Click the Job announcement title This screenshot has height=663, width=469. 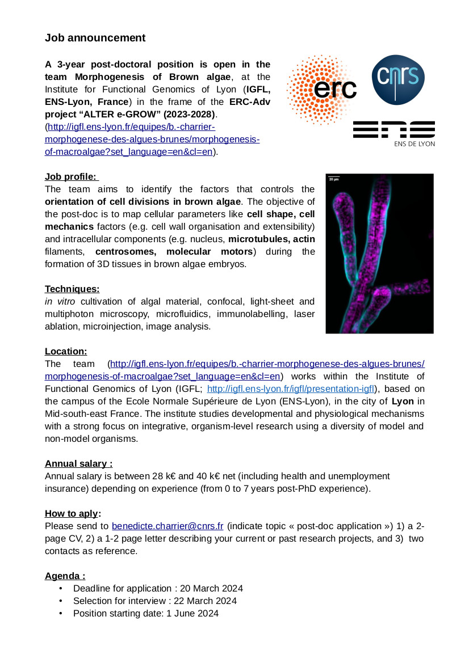95,38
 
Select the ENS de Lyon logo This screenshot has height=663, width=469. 393,133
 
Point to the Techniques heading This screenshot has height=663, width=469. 72,289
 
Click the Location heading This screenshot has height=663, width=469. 66,351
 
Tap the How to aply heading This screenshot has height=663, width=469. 73,513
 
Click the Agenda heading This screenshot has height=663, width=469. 65,576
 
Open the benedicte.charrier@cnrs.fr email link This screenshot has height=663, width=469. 167,526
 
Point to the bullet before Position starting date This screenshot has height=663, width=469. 61,613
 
